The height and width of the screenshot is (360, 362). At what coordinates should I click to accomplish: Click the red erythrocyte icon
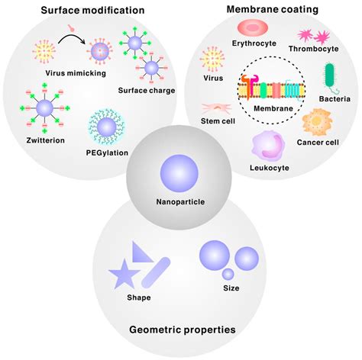(250, 29)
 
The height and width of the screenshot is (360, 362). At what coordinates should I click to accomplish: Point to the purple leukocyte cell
(263, 143)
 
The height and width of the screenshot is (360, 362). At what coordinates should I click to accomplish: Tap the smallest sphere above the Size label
(228, 274)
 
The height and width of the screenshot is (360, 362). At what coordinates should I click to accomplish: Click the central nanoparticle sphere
(180, 175)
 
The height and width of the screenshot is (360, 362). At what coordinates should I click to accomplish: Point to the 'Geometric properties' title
(181, 329)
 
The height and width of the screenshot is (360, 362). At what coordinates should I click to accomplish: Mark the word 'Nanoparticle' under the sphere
(181, 204)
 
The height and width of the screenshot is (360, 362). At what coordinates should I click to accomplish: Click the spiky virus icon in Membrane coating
(210, 59)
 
